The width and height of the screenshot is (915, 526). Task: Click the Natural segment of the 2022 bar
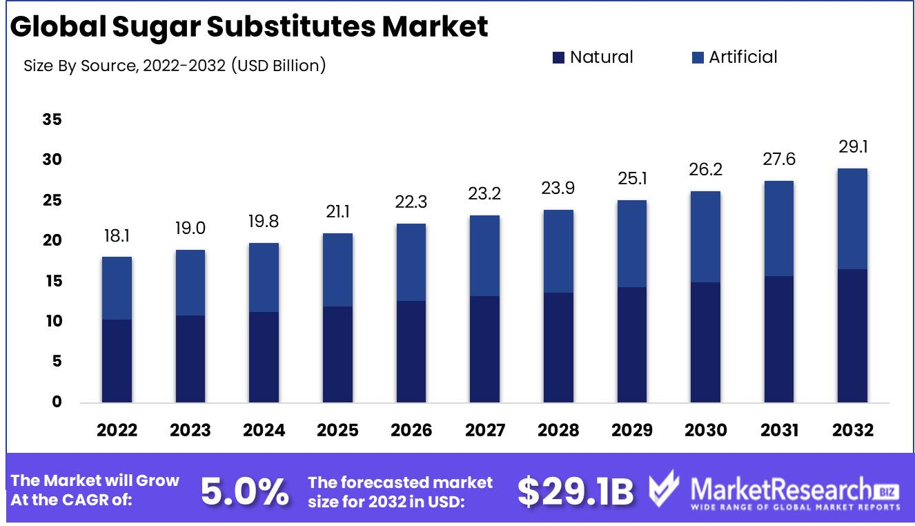[117, 360]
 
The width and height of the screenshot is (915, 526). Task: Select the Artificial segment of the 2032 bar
[852, 219]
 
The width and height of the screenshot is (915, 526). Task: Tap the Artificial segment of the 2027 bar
[484, 255]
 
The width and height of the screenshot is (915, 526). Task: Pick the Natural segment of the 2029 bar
[631, 344]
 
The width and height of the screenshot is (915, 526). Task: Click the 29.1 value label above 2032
[852, 148]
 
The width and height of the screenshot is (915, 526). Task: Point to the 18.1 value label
[117, 236]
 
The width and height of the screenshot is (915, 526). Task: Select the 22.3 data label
[411, 203]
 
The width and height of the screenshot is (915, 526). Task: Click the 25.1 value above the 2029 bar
[631, 179]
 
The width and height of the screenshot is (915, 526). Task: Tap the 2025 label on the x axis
[337, 431]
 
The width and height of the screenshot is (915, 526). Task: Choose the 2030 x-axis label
[705, 431]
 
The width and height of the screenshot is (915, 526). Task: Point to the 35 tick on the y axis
[52, 120]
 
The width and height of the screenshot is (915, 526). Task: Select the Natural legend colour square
[558, 58]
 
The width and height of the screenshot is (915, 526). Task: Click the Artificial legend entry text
[742, 57]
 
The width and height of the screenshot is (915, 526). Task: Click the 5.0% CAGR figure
[244, 491]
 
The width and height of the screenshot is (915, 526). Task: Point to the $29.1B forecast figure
[575, 491]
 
